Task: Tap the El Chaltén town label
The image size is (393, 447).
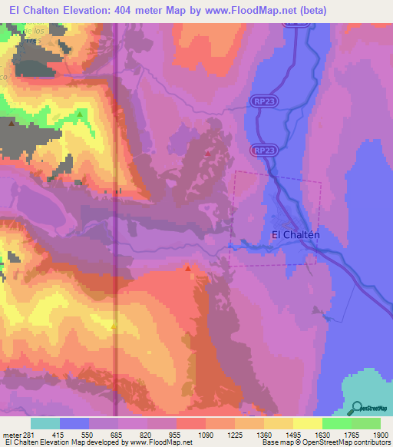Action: pos(295,235)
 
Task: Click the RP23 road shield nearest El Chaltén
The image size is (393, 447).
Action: pos(263,151)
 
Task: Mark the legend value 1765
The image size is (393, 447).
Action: pos(352,435)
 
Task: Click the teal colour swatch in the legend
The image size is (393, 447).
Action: pos(45,424)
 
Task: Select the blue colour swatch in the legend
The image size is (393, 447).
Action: pos(74,424)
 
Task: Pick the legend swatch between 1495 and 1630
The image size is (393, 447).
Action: pos(307,424)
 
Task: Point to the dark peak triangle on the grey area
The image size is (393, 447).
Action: pos(11,122)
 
